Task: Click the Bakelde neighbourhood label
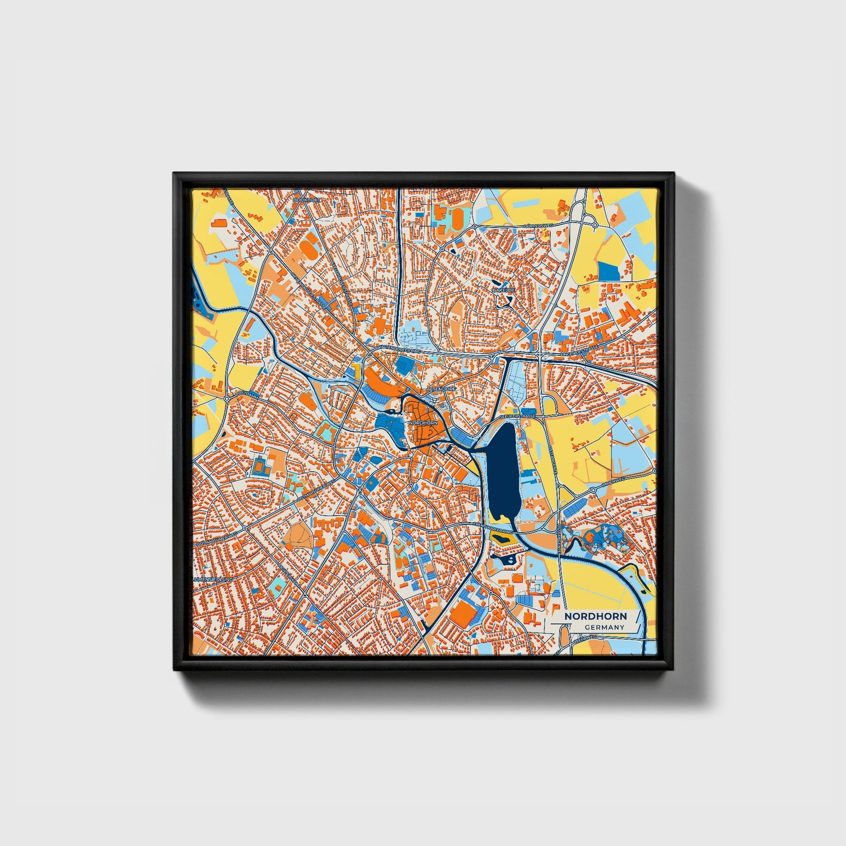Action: [502, 290]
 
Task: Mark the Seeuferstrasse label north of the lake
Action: [518, 416]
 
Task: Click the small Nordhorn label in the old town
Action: [423, 422]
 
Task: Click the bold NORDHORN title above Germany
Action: [595, 616]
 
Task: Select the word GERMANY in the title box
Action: [604, 628]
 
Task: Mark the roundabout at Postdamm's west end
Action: [226, 398]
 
